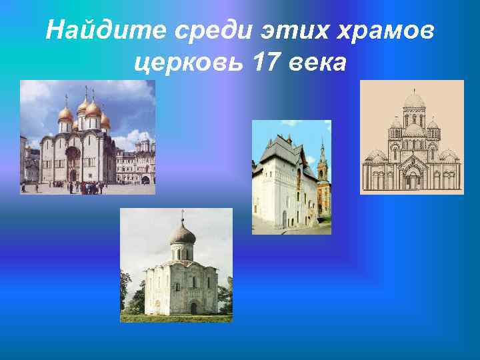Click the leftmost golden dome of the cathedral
(65, 113)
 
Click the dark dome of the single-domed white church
(183, 233)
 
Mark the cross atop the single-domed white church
(183, 215)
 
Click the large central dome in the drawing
(414, 101)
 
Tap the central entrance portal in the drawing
(413, 179)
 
